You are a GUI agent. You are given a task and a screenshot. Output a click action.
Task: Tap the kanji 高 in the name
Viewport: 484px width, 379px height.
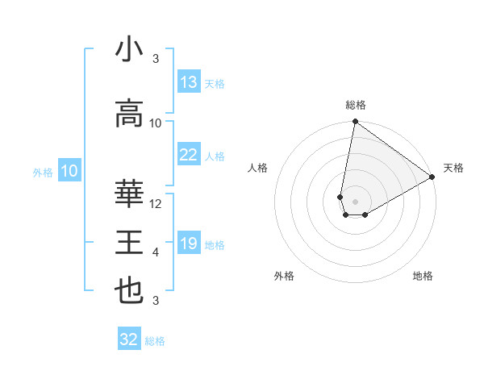tap(129, 115)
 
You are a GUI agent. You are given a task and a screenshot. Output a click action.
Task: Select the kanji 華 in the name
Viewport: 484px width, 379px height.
tap(129, 194)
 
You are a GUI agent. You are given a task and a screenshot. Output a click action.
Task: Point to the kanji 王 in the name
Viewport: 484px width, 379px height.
tap(129, 243)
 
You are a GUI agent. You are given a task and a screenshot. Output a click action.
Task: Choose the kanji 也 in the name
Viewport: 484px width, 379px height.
tap(129, 291)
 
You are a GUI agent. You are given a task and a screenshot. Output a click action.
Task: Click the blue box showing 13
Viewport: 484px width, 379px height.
tap(189, 82)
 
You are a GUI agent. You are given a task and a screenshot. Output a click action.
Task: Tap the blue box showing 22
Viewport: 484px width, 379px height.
tap(189, 155)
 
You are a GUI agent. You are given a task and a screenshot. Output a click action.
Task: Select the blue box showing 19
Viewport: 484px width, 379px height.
tap(189, 244)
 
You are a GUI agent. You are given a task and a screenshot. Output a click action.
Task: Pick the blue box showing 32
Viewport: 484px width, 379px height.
tap(129, 339)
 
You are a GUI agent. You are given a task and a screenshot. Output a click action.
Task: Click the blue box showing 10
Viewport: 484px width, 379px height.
tap(69, 171)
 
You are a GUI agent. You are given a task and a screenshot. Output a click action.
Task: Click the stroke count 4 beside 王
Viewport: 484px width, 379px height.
tap(156, 252)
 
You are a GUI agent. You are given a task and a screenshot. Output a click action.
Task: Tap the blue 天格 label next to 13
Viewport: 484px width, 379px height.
tap(214, 84)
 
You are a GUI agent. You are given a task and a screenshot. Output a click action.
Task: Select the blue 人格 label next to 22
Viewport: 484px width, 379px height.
tap(214, 156)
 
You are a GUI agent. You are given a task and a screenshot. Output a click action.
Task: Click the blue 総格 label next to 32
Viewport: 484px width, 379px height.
tap(155, 341)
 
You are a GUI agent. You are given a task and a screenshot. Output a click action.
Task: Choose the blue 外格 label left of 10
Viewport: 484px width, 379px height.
tap(43, 172)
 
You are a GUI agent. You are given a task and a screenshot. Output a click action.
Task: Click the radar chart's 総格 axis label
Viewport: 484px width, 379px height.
tap(355, 105)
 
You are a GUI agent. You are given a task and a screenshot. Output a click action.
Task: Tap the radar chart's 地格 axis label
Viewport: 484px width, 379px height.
tap(423, 276)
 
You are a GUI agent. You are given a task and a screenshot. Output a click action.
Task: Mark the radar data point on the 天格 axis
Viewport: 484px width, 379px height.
tap(432, 178)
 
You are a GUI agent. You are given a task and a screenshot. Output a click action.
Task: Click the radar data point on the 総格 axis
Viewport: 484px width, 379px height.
tap(355, 122)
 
